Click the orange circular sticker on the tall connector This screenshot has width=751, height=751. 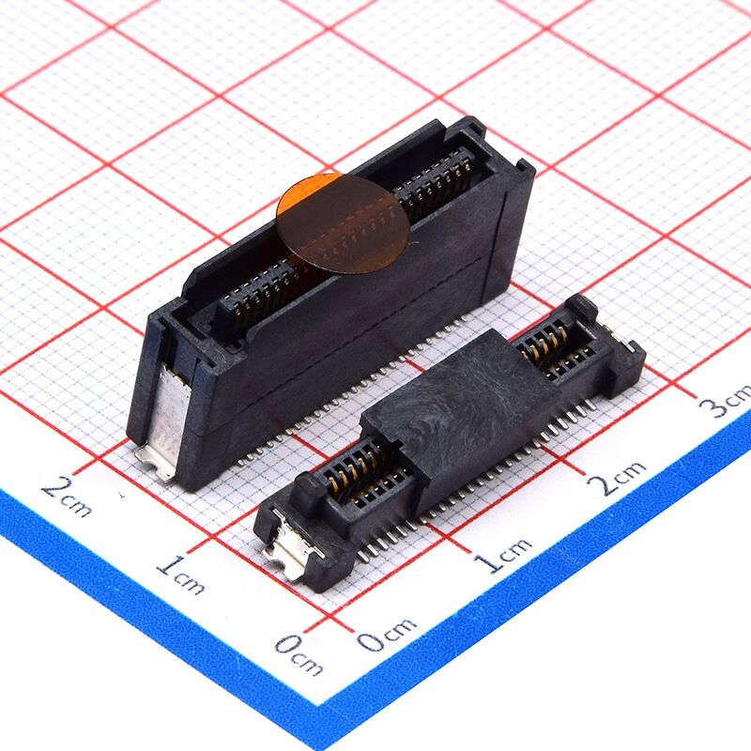point(343,224)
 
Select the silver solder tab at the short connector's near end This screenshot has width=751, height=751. point(289,544)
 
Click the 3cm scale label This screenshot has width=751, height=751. point(726,400)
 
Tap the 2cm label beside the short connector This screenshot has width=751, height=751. point(617,477)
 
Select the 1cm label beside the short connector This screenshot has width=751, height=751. point(503,555)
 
